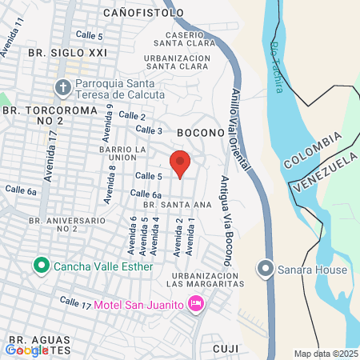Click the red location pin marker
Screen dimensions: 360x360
(x=181, y=162)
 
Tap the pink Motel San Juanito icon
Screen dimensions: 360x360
(x=194, y=304)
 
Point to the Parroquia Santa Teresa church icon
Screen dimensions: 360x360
(x=62, y=86)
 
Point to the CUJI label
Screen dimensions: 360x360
(x=226, y=349)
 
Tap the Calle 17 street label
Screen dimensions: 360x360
(x=76, y=302)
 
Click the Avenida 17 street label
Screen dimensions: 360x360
(x=50, y=156)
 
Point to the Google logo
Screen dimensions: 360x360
(x=26, y=350)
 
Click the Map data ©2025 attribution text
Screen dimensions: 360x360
(x=326, y=354)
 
